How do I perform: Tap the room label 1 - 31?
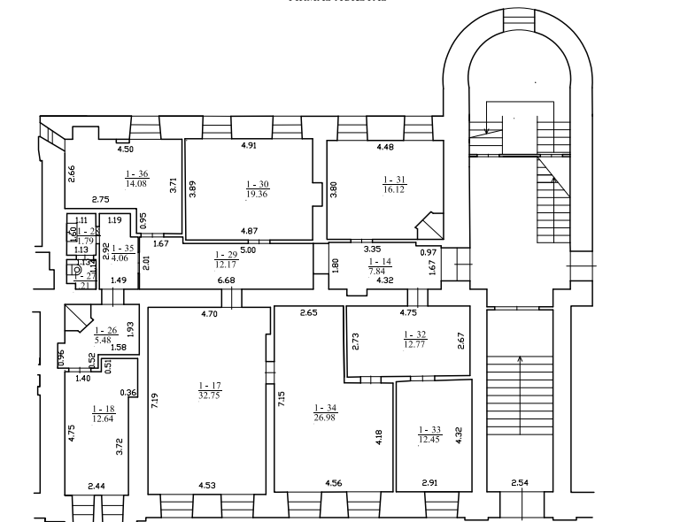click(x=393, y=180)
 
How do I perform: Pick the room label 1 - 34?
click(x=325, y=408)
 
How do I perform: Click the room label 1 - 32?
click(x=415, y=334)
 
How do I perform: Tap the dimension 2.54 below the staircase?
click(x=522, y=483)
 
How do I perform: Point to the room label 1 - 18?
click(x=104, y=410)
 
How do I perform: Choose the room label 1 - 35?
click(x=122, y=250)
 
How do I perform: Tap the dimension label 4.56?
click(x=334, y=483)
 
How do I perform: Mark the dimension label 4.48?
click(x=385, y=146)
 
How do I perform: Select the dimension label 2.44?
click(x=96, y=486)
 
